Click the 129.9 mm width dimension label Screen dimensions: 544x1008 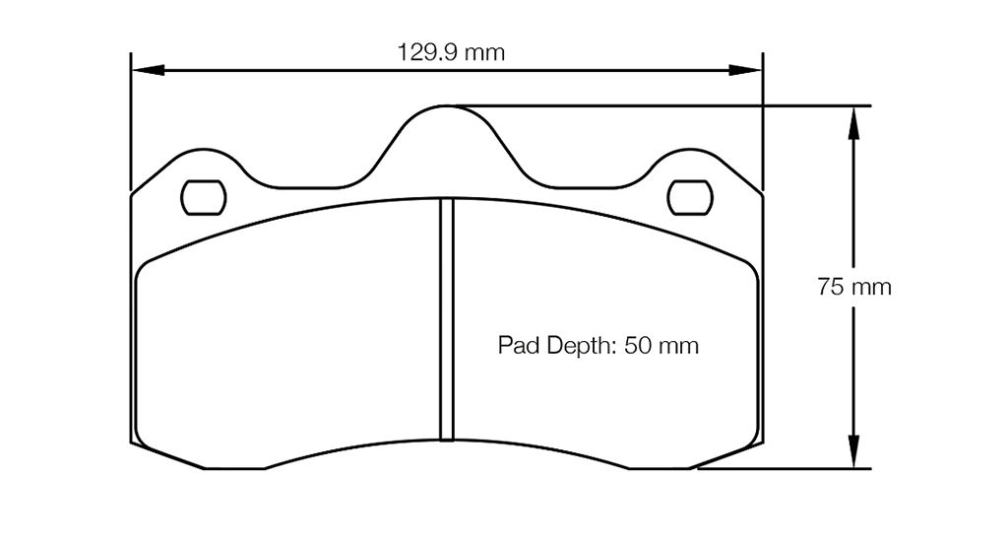(451, 52)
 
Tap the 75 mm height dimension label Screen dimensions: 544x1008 (853, 288)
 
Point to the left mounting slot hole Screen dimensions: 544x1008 (204, 197)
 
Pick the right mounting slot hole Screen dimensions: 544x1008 (689, 197)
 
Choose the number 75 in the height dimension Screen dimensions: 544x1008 (830, 288)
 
